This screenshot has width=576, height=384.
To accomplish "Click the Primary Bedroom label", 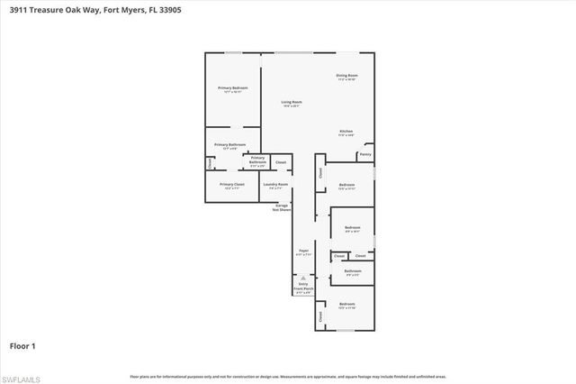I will coord(232,88).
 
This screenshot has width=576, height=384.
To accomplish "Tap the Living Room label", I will coord(291,103).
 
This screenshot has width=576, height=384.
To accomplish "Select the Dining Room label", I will coord(347,76).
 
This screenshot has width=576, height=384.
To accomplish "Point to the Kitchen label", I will coord(346,132).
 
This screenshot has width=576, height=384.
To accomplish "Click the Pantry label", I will coord(365,154).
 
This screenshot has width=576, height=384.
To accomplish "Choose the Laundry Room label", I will coord(275,185).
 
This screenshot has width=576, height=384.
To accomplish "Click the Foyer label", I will coord(303,251).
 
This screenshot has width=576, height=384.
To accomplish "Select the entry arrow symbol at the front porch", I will coord(303,278).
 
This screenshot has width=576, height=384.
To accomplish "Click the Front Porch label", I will coord(303,288).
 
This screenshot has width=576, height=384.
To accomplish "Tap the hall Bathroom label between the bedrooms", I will coord(353,270).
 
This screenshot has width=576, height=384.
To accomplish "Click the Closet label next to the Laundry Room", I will coord(281,162).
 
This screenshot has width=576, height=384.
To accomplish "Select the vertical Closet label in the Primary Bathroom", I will coord(210,163).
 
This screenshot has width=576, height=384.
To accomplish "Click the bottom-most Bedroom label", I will coord(347,305).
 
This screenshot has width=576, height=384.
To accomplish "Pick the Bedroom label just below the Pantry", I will coord(347,185).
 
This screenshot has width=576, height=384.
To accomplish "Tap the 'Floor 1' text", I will coord(22,345).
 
